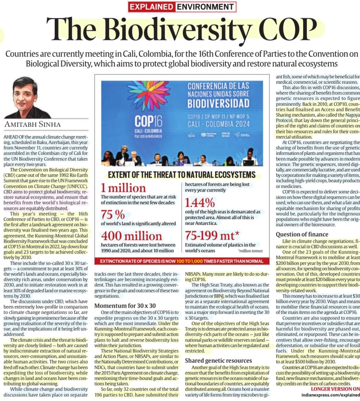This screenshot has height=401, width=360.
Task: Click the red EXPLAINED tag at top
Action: coord(151,7)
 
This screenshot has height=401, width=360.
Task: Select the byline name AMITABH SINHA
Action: coord(32,124)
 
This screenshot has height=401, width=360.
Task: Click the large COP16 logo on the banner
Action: coord(148,121)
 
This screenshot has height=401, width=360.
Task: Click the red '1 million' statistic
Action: coord(123,188)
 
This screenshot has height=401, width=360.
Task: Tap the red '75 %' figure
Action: coord(113,215)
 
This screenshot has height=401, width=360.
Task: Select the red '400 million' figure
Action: coord(131,236)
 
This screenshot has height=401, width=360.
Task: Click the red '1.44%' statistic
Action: coord(200,202)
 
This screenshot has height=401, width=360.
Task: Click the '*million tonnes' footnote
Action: coord(250,251)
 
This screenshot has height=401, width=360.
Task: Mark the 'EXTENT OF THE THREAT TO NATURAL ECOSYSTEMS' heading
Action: coord(182,175)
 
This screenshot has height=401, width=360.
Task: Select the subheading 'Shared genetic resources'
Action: coord(218,360)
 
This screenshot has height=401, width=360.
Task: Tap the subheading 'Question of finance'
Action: coord(302,234)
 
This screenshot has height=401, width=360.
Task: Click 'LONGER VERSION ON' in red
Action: coord(335,389)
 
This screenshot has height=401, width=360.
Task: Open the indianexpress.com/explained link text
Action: coord(331,395)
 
